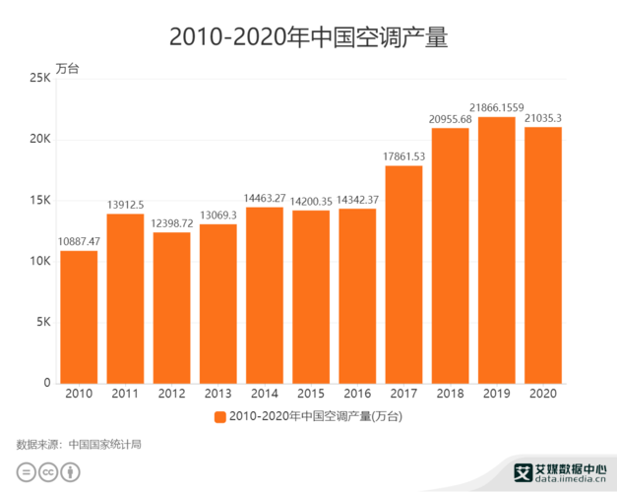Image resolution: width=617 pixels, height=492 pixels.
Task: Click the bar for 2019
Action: pos(496,250)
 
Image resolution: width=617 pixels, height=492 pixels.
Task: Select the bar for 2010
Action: pos(79,317)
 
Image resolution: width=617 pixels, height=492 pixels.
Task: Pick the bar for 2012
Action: pos(171,307)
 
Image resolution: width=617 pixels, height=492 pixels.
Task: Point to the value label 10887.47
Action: pos(79,240)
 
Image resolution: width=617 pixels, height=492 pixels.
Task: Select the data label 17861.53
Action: pos(403,155)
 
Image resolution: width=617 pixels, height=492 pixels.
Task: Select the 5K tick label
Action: pos(42,322)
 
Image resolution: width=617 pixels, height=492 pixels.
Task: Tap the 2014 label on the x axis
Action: pos(265,394)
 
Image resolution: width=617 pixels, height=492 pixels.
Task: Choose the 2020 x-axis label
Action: pos(543,394)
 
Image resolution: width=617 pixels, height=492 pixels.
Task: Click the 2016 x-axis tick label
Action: pos(357,394)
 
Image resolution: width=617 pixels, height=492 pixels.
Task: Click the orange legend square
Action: pos(219,416)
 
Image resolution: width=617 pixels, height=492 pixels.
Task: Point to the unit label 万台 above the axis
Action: pos(67,69)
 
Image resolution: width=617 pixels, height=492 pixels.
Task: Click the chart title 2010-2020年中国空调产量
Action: pos(308,37)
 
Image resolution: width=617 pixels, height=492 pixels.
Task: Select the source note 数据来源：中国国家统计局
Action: pos(80,444)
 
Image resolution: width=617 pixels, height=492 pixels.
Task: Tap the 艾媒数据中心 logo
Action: pos(560,472)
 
